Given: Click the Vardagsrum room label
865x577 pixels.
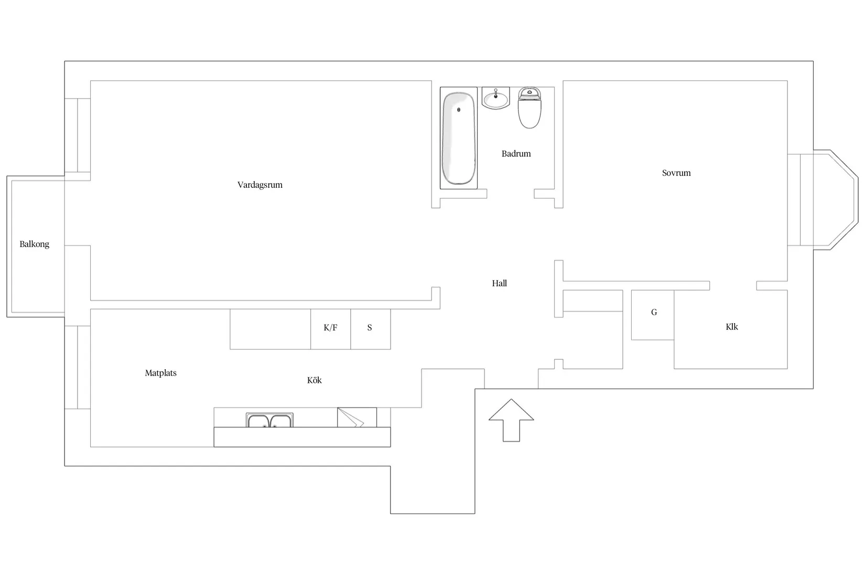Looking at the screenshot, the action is click(260, 185).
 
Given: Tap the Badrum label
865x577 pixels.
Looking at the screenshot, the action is click(516, 153).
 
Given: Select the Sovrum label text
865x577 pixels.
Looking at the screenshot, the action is click(676, 173).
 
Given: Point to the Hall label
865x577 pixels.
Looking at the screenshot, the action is click(499, 283).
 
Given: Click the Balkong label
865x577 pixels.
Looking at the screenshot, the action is click(35, 244).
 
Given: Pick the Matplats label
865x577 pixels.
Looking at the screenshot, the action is click(160, 373).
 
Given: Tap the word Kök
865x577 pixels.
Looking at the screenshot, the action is click(315, 380).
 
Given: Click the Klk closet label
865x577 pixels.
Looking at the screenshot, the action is click(732, 327).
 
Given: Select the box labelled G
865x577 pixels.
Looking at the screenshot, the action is click(653, 315).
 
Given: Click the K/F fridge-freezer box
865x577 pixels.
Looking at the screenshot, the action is click(331, 329).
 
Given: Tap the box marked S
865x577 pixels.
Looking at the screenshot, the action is click(371, 329).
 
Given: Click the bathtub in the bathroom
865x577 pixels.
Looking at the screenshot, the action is click(459, 138).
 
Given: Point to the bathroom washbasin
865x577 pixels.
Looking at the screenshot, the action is click(496, 99).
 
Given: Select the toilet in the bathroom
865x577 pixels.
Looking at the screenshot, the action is click(529, 108).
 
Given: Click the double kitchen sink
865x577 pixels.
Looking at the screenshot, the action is click(269, 420).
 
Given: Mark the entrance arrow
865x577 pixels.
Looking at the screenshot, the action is click(511, 420).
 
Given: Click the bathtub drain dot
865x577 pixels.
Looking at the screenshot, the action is click(459, 110).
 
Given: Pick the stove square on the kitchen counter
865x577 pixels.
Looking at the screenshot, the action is click(357, 418).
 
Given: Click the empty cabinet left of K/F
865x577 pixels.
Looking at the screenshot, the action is click(271, 329).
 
